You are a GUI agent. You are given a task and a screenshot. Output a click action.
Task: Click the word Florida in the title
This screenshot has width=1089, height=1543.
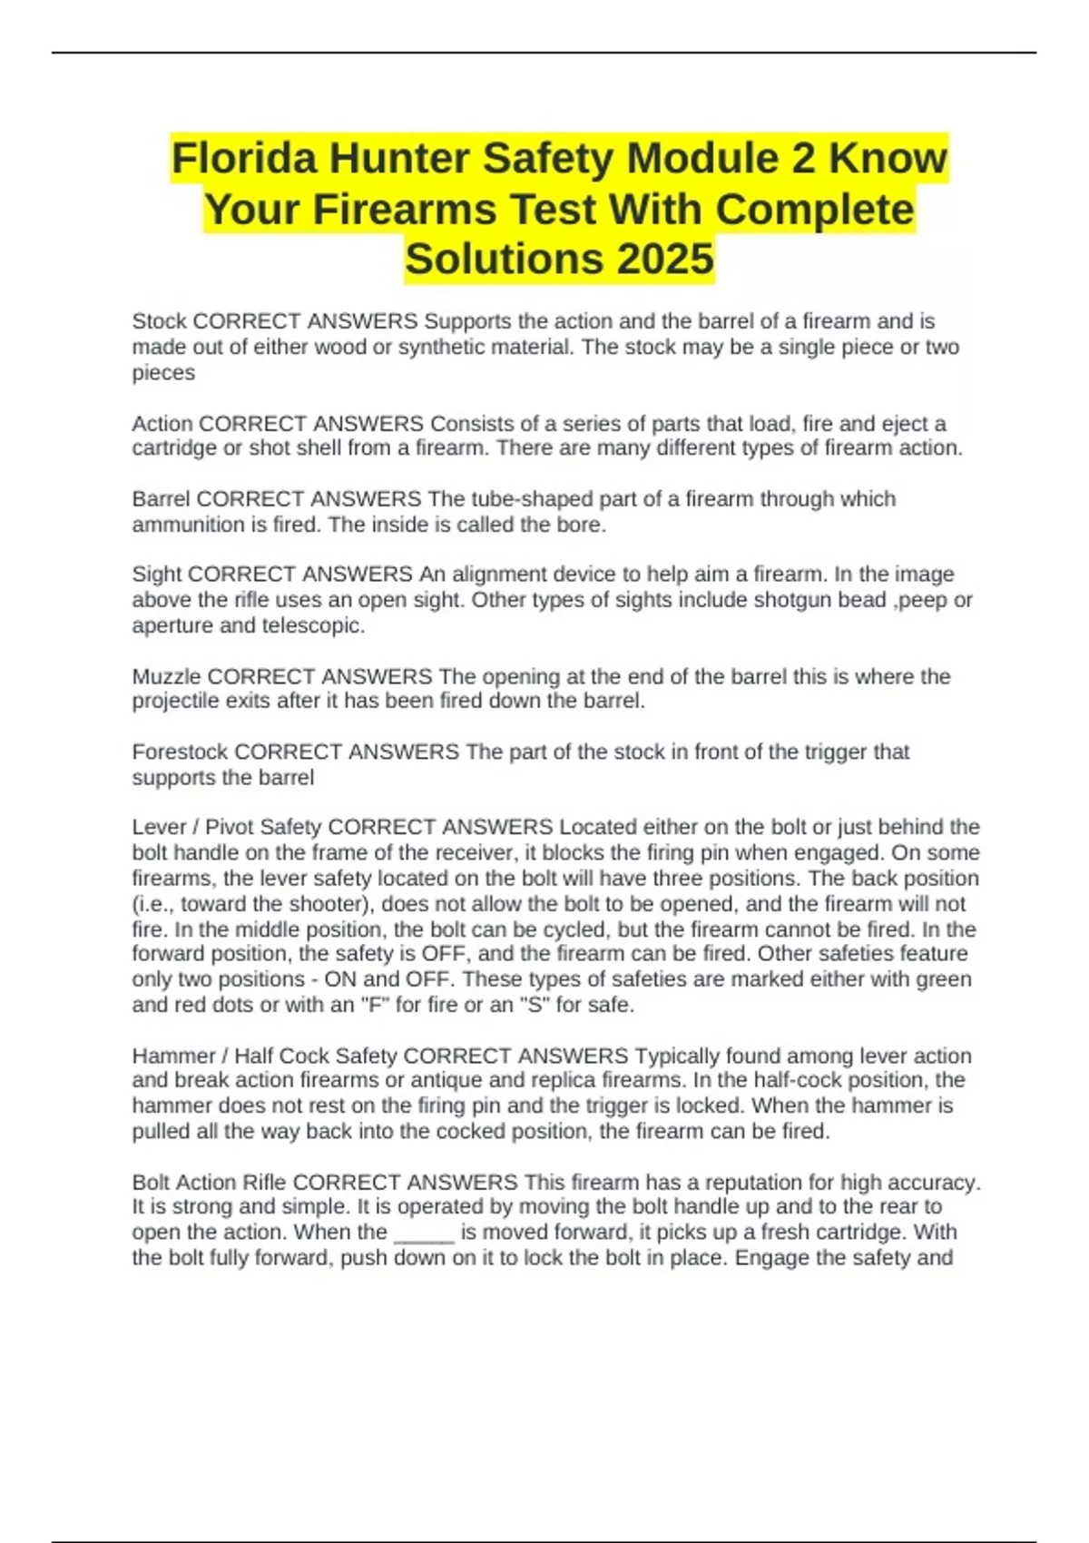coord(243,159)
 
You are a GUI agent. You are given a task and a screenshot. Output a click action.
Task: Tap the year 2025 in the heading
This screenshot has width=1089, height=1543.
coord(665,259)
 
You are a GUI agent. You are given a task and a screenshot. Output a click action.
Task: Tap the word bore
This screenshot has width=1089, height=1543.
coord(582,525)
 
